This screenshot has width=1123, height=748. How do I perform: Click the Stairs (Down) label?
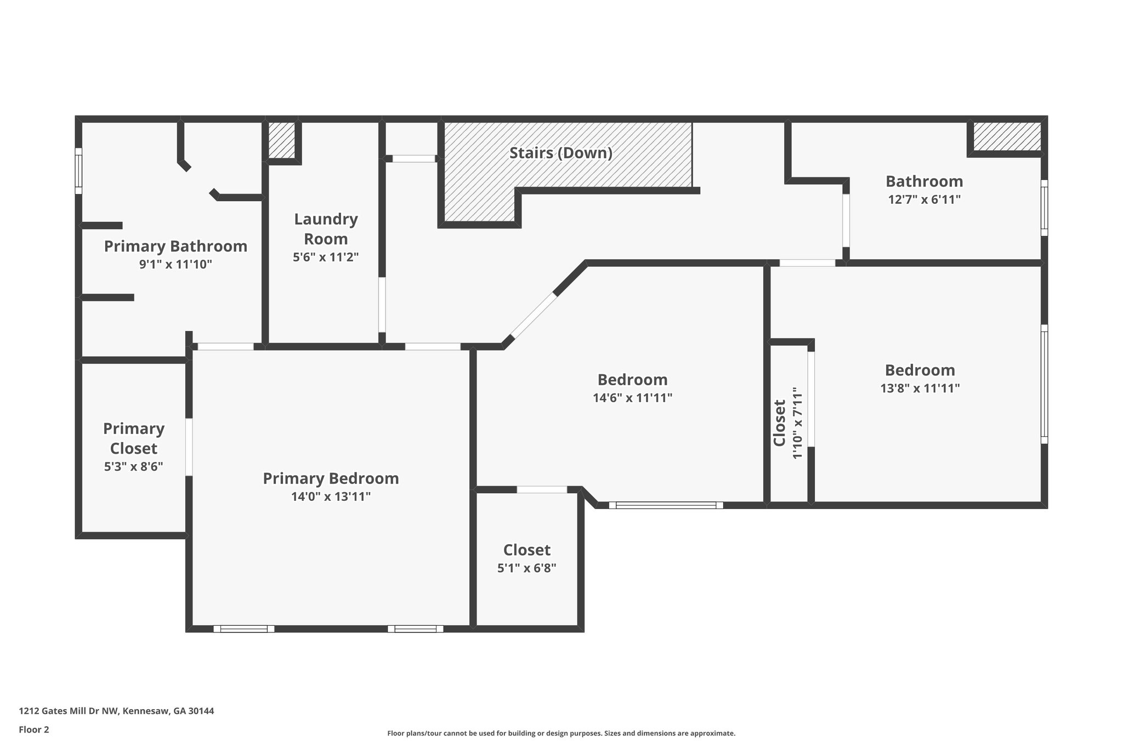560,153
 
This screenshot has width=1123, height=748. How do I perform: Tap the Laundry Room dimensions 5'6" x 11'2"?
326,257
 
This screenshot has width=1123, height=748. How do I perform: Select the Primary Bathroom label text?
175,246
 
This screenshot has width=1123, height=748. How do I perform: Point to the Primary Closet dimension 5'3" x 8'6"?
133,467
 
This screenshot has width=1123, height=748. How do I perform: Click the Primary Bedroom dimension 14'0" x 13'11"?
331,497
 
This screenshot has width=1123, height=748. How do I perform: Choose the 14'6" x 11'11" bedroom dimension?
632,398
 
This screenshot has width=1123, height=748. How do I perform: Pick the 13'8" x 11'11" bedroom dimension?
920,389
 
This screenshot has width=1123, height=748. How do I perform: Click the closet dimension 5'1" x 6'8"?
526,568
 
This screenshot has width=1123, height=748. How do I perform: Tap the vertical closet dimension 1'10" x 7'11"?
797,423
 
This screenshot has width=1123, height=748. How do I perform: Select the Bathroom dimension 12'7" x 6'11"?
924,199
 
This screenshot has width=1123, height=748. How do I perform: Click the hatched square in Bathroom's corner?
1007,136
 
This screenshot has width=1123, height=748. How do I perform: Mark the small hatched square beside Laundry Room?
282,140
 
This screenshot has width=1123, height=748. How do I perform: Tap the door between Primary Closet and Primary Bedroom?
189,447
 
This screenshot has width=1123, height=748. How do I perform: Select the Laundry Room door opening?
382,305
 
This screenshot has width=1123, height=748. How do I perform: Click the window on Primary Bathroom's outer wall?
78,170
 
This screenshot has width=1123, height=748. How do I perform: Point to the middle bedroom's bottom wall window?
666,505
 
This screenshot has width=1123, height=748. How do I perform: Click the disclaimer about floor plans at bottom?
561,733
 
